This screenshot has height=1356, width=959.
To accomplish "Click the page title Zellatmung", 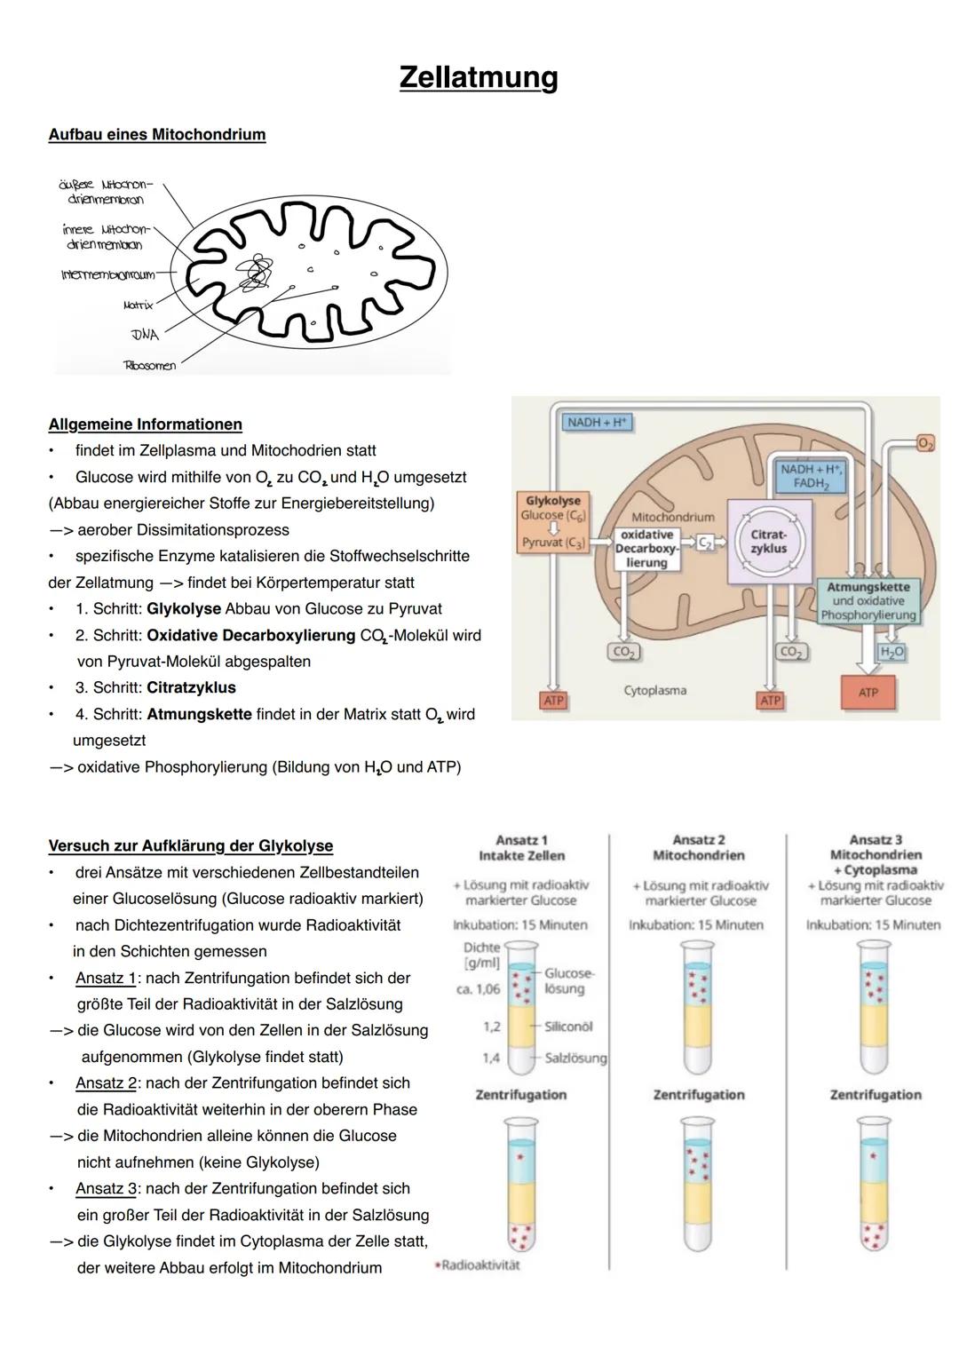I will [x=479, y=77].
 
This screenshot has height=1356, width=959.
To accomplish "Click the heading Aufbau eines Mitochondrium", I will [x=157, y=135].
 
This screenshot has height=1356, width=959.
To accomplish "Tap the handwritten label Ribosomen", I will [x=149, y=365].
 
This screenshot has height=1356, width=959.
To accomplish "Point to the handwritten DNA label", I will [x=144, y=335].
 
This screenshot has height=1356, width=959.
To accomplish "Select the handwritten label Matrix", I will [x=138, y=305].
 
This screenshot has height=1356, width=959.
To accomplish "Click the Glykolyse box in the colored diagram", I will [x=552, y=522].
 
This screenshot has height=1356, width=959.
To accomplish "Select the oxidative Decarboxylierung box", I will [x=646, y=549].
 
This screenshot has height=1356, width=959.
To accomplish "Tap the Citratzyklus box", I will [x=768, y=542].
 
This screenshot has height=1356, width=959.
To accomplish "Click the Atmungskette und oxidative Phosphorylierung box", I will [x=868, y=601].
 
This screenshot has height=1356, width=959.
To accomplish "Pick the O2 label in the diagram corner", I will [x=925, y=443].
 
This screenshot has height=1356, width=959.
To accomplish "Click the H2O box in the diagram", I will [x=892, y=652].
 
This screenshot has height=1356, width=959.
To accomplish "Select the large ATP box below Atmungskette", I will [x=868, y=693].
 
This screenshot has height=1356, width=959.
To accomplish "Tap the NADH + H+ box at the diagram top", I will [x=597, y=423].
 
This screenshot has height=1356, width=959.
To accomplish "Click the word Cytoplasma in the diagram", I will [x=654, y=690].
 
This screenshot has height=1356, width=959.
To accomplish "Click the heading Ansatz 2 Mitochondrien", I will [x=698, y=847].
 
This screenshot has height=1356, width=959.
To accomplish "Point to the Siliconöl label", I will [x=568, y=1026].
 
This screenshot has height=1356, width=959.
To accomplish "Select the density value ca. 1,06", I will [x=478, y=988].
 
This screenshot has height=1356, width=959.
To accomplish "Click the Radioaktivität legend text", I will [x=479, y=1265].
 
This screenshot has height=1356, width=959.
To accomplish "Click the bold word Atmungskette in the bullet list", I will [x=199, y=714].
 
